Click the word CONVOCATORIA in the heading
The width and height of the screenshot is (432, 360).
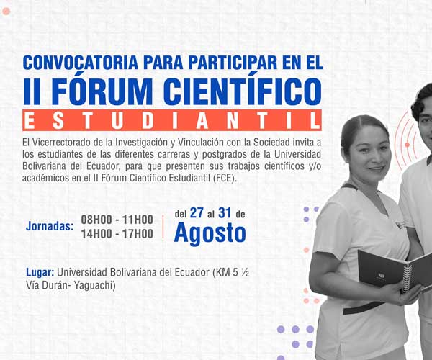pos(81,63)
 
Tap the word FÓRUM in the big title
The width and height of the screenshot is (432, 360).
pos(102,91)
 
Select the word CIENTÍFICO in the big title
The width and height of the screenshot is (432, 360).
pos(244,91)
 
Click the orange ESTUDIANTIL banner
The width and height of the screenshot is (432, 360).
pos(172,120)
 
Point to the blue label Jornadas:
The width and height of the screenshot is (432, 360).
pos(50,226)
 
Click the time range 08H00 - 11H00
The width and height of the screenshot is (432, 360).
pos(117,220)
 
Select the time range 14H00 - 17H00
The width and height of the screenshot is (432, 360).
pos(117,234)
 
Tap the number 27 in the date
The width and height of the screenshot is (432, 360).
pos(197,213)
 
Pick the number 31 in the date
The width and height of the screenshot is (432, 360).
pos(225,213)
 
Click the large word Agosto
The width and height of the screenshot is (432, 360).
pos(210,233)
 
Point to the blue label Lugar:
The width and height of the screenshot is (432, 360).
pos(40,272)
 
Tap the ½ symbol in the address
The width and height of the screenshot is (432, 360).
pos(244,272)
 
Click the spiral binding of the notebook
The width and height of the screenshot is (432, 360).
pos(406,279)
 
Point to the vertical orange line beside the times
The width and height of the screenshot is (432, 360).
pos(163,227)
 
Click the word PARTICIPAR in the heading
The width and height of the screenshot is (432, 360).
pos(233,63)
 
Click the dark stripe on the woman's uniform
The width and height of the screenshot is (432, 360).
pos(363,308)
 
